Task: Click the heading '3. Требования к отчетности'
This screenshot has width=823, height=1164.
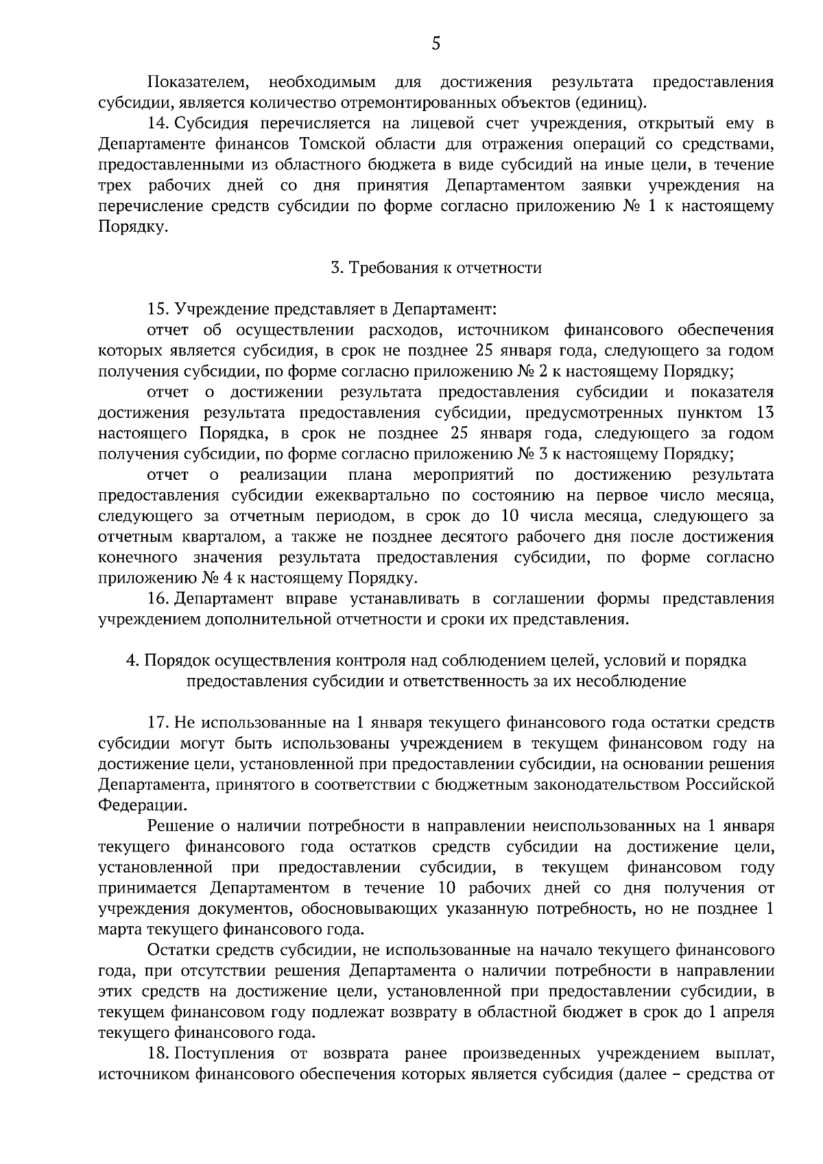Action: tap(436, 268)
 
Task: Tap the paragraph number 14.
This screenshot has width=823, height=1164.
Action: tap(158, 124)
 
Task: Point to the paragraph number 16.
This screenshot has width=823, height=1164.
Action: tap(158, 599)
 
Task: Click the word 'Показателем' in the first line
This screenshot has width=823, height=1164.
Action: tap(198, 83)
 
